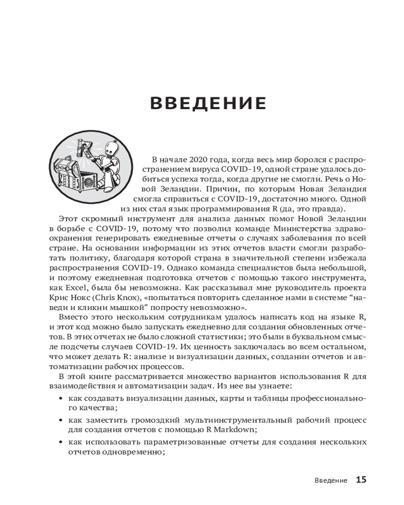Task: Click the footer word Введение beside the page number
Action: tap(330, 480)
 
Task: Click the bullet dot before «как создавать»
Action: tap(61, 399)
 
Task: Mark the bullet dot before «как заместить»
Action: tap(61, 420)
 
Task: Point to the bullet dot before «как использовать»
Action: tap(61, 442)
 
